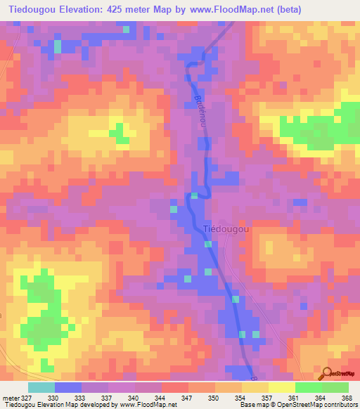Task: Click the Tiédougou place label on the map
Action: (225, 228)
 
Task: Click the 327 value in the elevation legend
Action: (22, 398)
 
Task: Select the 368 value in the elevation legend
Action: (346, 398)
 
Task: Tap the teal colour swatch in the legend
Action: (41, 387)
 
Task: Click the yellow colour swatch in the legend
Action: (281, 387)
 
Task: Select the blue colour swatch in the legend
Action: (67, 387)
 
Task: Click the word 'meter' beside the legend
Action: (8, 398)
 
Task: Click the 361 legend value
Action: (292, 398)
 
